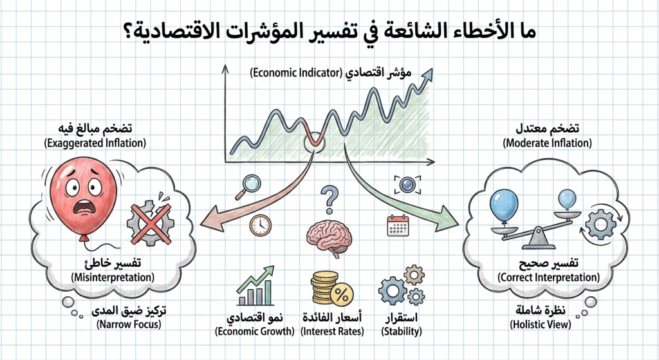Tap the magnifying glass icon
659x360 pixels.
(246, 186)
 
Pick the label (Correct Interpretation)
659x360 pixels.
(549, 277)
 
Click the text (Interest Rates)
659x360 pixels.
(332, 332)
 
